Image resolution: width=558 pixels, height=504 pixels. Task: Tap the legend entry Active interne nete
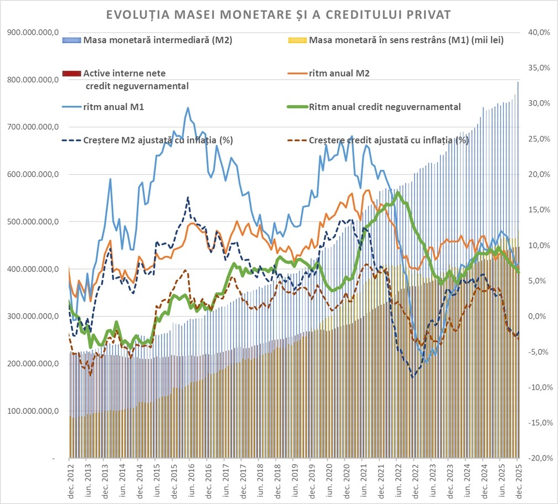pyautogui.click(x=124, y=74)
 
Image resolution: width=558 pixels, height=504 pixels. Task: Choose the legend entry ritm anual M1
pyautogui.click(x=114, y=107)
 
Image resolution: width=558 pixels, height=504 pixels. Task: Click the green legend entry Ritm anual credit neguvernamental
pyautogui.click(x=385, y=107)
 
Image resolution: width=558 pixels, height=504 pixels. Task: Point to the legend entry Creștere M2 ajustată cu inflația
pyautogui.click(x=157, y=140)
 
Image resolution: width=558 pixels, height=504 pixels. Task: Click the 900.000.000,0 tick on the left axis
pyautogui.click(x=34, y=33)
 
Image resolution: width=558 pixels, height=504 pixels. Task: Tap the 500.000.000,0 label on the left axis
pyautogui.click(x=34, y=222)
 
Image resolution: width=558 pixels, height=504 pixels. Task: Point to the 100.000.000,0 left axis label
pyautogui.click(x=34, y=411)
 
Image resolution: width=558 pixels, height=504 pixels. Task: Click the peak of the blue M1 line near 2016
pyautogui.click(x=188, y=108)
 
